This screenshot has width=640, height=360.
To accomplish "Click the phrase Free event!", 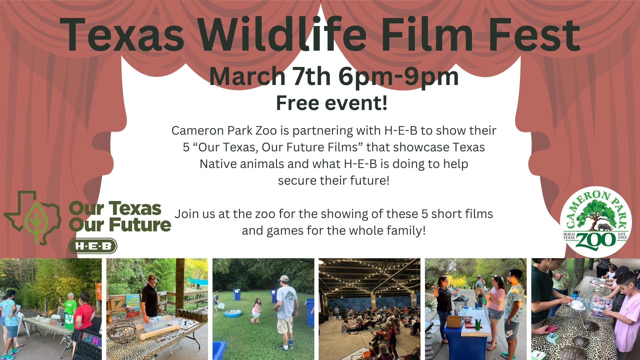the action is click(x=332, y=103).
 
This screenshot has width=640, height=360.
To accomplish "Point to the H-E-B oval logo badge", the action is click(x=93, y=246).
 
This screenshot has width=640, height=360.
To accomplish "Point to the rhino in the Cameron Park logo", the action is click(x=604, y=228).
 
